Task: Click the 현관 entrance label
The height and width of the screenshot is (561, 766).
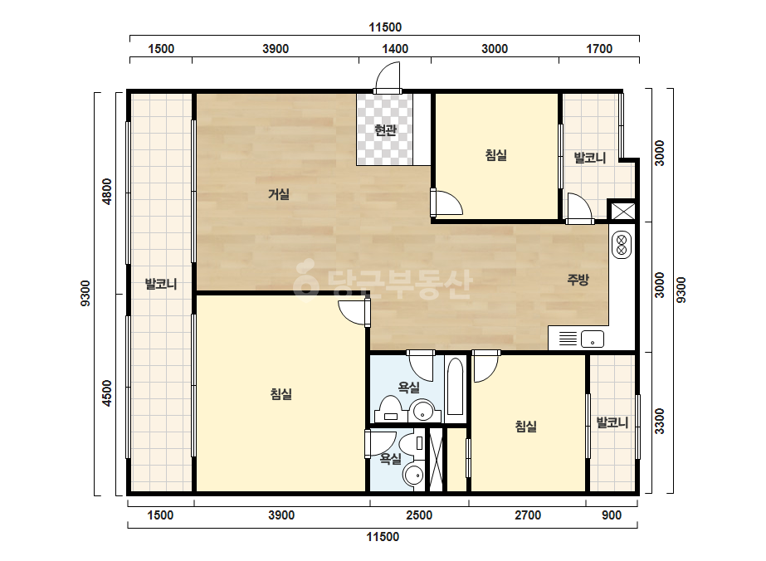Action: pos(385,130)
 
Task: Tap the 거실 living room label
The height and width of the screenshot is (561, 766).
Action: pos(279,194)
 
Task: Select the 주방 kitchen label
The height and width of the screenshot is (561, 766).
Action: pos(578,280)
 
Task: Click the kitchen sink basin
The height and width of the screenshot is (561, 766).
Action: pos(592,339)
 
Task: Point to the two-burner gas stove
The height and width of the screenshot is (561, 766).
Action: pos(622,245)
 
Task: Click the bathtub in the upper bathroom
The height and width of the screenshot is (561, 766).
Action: pos(455,387)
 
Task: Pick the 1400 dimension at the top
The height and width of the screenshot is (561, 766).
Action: pos(395,49)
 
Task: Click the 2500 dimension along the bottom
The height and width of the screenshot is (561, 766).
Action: pos(419,515)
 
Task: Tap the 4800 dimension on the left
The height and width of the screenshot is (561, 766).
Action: pos(106,192)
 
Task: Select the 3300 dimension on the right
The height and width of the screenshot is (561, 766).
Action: pos(660,422)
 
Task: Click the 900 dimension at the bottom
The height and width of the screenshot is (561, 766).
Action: pos(612,515)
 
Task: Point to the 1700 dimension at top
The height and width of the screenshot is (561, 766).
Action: pos(599,49)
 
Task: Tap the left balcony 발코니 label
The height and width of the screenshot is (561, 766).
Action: pos(161,284)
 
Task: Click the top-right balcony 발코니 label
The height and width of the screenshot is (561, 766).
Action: pos(589,158)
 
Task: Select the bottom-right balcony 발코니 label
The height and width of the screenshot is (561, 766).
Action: pos(612,422)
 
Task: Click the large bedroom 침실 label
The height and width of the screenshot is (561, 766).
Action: pos(281,394)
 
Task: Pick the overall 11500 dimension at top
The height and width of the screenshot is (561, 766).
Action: pos(385,27)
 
